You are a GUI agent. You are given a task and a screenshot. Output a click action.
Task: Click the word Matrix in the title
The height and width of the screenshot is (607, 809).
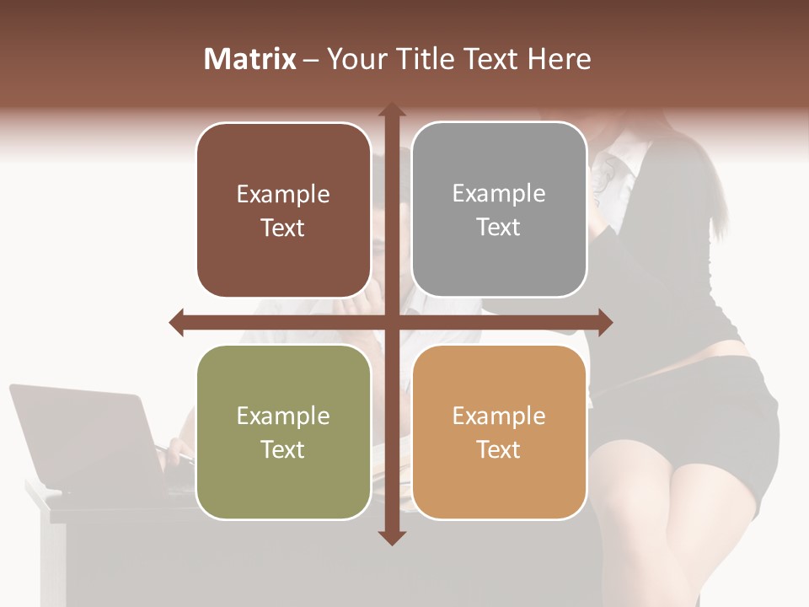tap(250, 59)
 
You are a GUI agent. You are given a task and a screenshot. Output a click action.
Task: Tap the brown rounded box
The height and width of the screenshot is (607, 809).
tap(283, 211)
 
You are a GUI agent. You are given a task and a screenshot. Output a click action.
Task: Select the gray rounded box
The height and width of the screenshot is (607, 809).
tap(499, 210)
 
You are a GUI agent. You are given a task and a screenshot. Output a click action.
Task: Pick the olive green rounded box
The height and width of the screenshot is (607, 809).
tap(283, 432)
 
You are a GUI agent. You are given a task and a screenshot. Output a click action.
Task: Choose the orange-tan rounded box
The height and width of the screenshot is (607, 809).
tap(499, 432)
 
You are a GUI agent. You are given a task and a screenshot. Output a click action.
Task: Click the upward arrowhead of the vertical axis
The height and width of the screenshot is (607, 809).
tap(391, 110)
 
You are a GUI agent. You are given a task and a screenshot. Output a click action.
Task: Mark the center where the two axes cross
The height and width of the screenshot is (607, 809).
tap(391, 322)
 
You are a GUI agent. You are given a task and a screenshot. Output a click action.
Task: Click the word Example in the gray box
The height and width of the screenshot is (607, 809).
tap(499, 193)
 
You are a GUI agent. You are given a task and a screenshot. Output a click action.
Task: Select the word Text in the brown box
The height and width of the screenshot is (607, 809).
tap(283, 228)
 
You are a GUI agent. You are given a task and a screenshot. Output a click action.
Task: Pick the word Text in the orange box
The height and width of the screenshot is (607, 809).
tap(499, 449)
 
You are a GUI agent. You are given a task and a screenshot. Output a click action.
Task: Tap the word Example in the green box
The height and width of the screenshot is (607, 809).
tap(283, 416)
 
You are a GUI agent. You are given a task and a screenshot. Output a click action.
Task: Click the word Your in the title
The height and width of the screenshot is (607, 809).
tap(355, 59)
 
